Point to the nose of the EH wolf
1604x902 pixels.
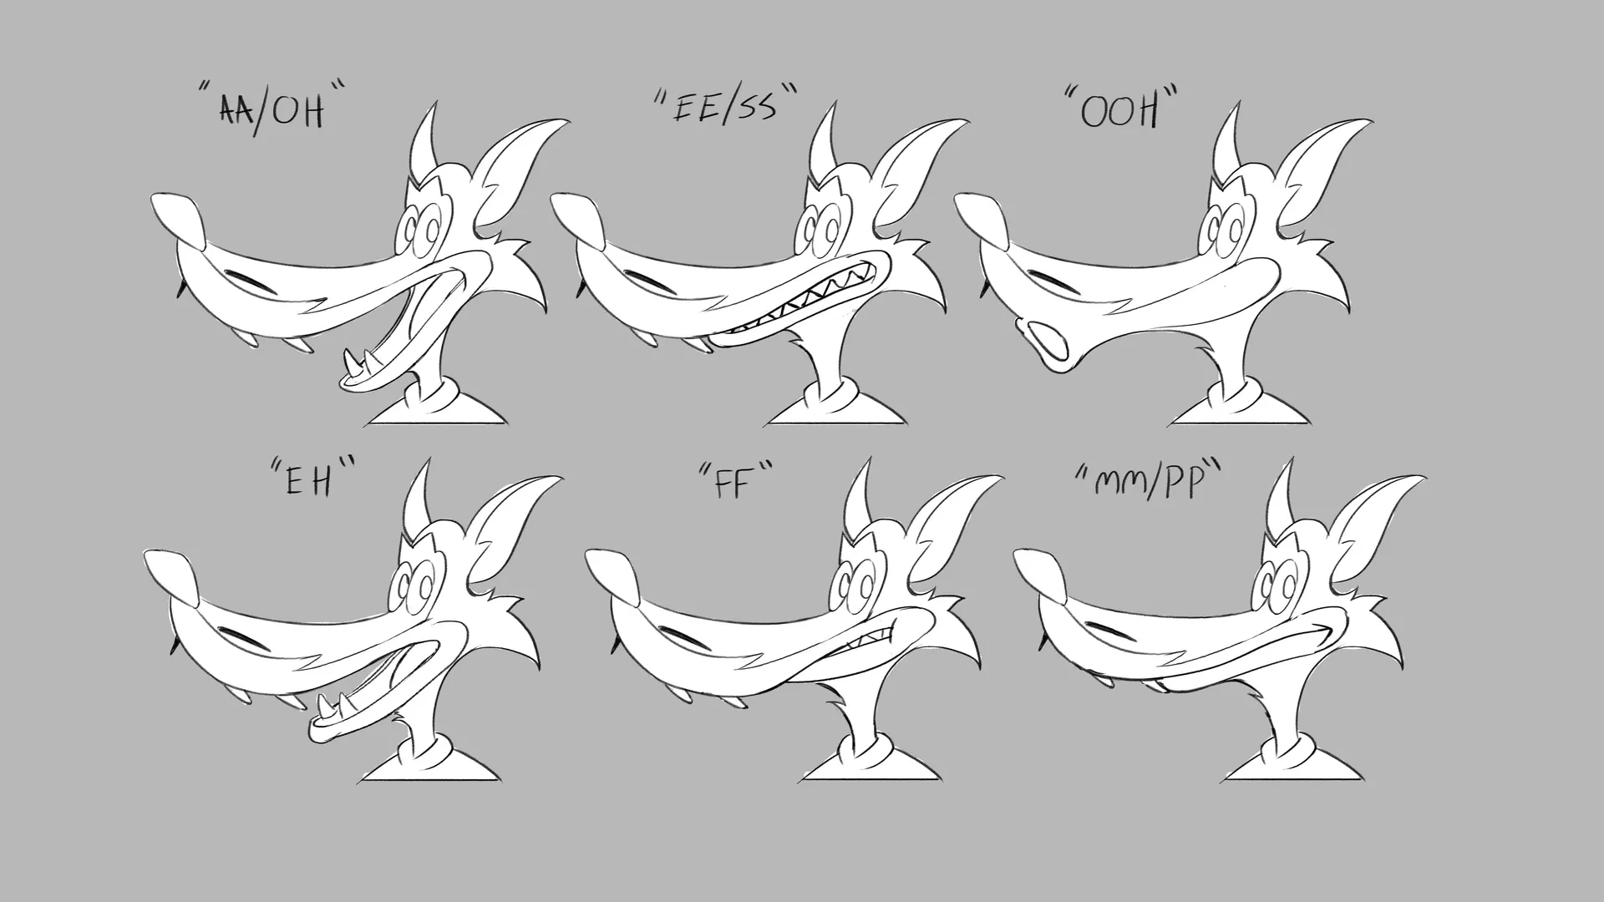click(172, 578)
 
